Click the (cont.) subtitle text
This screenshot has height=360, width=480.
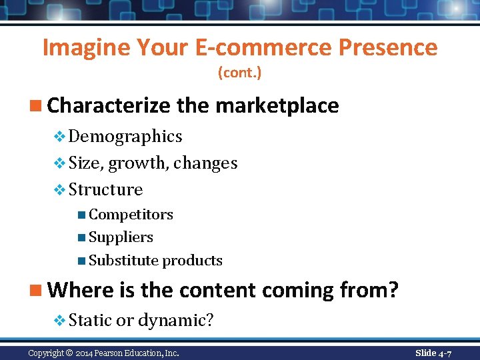[240, 73]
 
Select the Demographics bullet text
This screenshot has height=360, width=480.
[125, 137]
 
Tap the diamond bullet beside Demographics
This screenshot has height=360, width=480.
[59, 137]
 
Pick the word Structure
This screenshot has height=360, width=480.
[105, 190]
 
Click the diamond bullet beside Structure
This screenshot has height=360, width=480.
[59, 191]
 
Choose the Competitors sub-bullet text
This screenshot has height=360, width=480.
[131, 215]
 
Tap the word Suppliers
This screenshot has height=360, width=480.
[121, 237]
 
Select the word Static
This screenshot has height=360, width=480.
[90, 321]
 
